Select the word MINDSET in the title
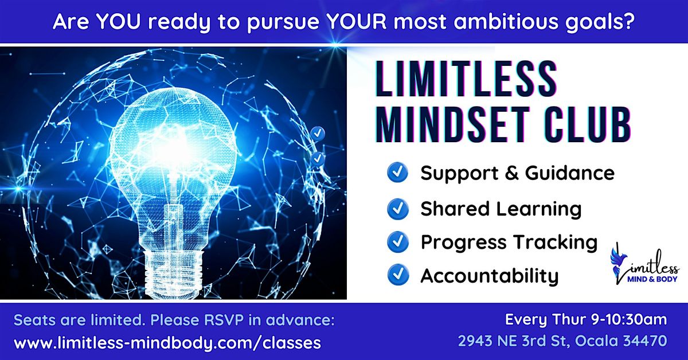pyautogui.click(x=444, y=124)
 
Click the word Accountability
pyautogui.click(x=490, y=276)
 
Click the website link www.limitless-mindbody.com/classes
pyautogui.click(x=167, y=342)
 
